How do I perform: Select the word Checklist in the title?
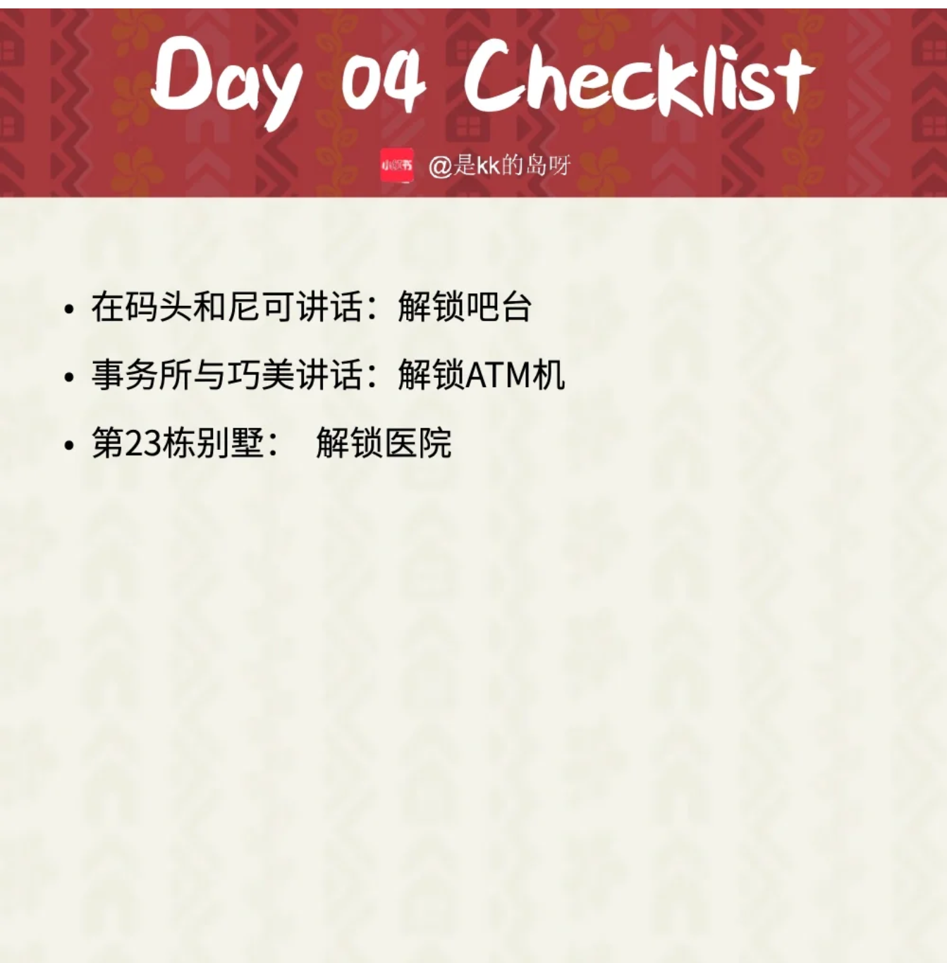click(640, 80)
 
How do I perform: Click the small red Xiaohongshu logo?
click(396, 165)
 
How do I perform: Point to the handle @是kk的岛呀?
click(499, 166)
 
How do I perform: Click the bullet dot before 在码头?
click(69, 309)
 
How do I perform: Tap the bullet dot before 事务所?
click(69, 377)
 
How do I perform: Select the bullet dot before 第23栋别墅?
click(69, 446)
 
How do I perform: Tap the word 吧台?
click(498, 307)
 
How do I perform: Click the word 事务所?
click(142, 374)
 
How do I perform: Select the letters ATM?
click(498, 375)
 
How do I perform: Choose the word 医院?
click(417, 442)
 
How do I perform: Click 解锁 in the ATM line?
click(431, 374)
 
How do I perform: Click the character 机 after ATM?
click(548, 374)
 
